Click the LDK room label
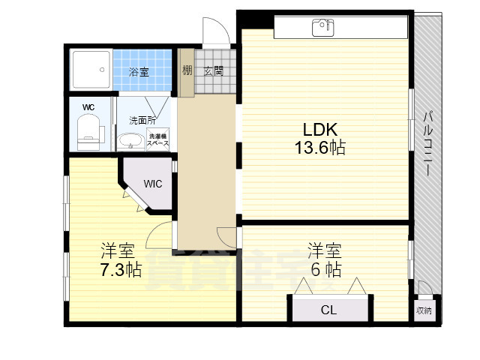pyautogui.click(x=320, y=127)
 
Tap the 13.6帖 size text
pyautogui.click(x=319, y=148)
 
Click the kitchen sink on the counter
pyautogui.click(x=323, y=28)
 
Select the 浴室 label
pyautogui.click(x=139, y=72)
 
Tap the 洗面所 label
pyautogui.click(x=142, y=119)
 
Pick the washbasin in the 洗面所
pyautogui.click(x=133, y=140)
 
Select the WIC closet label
pyautogui.click(x=152, y=183)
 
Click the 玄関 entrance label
pyautogui.click(x=213, y=72)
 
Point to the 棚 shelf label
pyautogui.click(x=187, y=72)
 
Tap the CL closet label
pyautogui.click(x=328, y=309)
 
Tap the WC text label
pyautogui.click(x=88, y=107)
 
